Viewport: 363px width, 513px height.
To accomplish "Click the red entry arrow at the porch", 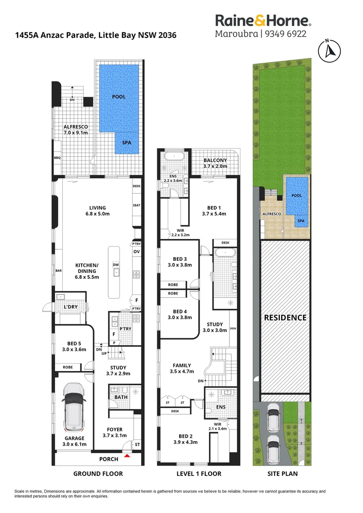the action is point(127,455).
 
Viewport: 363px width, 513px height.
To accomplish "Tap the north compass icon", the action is point(329,51).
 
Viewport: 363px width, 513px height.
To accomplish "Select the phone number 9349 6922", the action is point(286,34).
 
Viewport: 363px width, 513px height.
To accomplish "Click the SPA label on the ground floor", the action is point(127,142).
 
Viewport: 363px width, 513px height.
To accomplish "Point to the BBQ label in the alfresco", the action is point(57,158).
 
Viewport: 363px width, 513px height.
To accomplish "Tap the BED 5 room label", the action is point(74,343).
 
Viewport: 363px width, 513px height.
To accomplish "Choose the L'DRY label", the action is point(71,307).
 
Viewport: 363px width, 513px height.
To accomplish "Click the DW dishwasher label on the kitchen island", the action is point(116,265).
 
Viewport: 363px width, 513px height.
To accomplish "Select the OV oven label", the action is point(136,252).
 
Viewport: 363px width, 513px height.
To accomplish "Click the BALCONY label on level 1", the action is point(215,161).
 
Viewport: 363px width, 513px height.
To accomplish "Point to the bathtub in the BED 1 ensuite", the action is point(174,156).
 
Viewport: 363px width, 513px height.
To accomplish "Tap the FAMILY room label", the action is point(181,365).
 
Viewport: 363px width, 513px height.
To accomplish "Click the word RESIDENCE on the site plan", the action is point(285,318).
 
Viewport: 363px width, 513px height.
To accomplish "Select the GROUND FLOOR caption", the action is point(98,474).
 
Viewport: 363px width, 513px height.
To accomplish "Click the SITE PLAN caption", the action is point(283,474).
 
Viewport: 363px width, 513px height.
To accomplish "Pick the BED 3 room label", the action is point(180,259).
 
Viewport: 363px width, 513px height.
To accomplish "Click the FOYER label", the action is point(115,429).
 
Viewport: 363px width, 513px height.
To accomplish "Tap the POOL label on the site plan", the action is point(296,195).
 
